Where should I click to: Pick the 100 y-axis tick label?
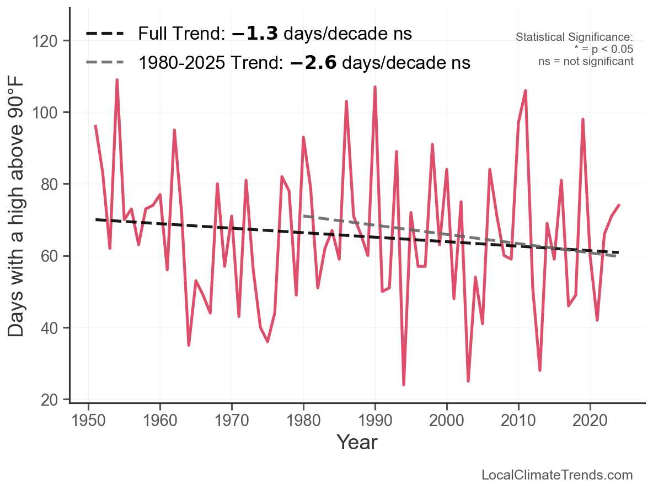pos(52,112)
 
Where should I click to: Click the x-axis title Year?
pos(357,442)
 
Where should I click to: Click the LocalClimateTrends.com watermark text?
pos(557,475)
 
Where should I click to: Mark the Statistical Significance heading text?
pos(574,37)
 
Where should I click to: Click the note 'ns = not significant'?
pos(586,61)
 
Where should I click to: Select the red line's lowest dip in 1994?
pos(404,384)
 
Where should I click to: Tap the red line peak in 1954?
pos(117,80)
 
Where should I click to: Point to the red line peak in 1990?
pos(375,87)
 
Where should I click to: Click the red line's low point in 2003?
pos(468,381)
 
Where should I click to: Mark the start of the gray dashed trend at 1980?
pos(304,216)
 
